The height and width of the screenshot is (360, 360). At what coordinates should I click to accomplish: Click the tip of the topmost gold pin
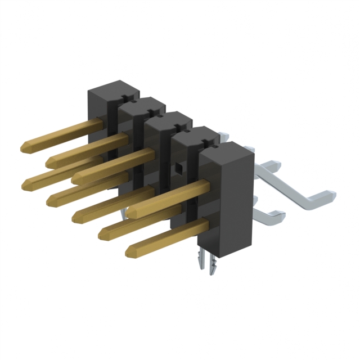(x=24, y=147)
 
